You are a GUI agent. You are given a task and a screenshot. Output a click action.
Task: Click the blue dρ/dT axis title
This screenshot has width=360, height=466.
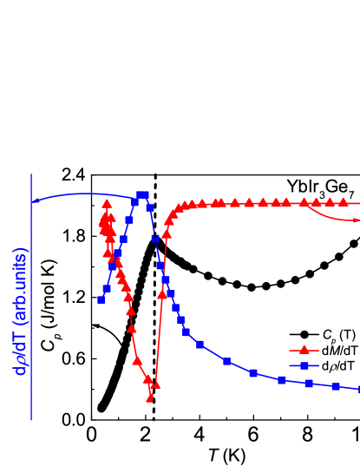19,311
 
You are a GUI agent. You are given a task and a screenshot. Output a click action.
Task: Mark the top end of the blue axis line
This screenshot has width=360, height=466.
32,174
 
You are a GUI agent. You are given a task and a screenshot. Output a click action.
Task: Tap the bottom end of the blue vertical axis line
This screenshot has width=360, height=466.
32,420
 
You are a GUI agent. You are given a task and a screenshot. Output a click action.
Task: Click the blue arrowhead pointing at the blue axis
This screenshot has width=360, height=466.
36,200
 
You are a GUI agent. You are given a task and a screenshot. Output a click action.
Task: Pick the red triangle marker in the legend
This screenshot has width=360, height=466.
304,351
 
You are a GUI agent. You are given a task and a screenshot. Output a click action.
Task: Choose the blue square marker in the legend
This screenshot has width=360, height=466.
304,365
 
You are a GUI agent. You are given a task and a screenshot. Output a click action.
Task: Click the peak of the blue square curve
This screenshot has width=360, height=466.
143,195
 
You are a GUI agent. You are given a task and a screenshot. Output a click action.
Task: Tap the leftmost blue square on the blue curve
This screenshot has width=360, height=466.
101,299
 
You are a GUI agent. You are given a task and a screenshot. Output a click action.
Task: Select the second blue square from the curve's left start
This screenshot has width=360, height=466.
106,289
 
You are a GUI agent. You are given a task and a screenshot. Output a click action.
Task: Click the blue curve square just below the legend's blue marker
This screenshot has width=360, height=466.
308,384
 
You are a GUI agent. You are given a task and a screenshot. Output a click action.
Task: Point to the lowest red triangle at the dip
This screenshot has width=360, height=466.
150,398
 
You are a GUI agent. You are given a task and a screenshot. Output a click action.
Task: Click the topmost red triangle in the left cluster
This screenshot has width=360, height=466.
107,204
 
